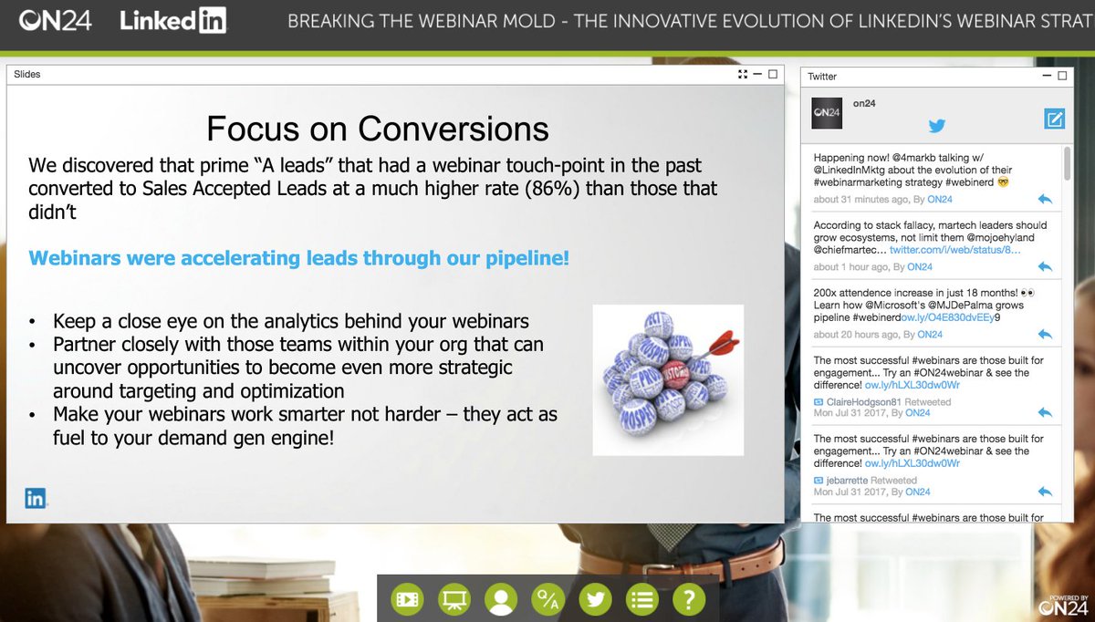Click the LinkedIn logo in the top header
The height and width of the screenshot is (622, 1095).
pos(173,20)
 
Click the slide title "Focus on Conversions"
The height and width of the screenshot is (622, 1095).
pos(378,129)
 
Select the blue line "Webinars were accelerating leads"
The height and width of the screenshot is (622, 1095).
pos(299,258)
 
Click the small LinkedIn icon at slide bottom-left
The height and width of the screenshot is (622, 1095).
pos(36,498)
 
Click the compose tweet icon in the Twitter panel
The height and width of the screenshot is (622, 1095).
pos(1054,118)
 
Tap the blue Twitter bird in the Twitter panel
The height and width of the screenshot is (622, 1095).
pos(936,127)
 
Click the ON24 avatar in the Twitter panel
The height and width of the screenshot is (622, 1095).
pos(827,112)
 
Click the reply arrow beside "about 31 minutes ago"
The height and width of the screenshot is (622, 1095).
pos(1045,199)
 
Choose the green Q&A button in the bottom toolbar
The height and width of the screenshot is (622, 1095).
pos(548,600)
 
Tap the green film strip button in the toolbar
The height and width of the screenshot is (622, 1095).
pos(407,600)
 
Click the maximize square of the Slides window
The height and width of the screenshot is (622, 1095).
pos(772,75)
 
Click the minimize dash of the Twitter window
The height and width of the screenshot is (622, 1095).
pos(1045,77)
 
